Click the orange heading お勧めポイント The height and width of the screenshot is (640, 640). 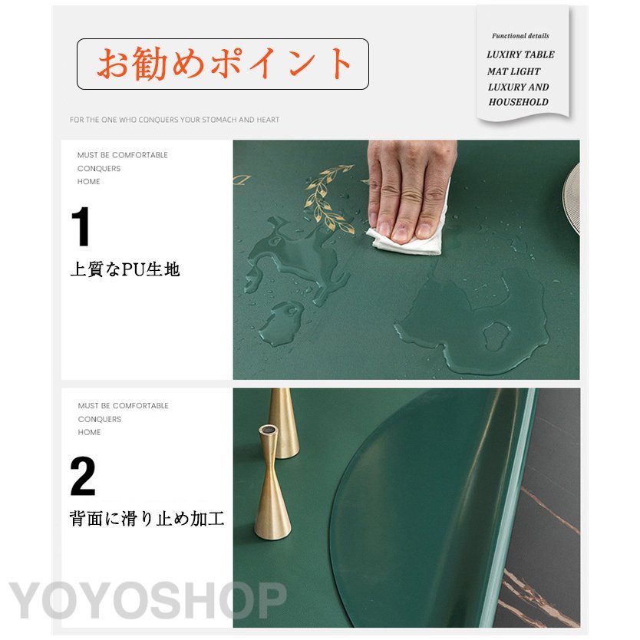[223, 63]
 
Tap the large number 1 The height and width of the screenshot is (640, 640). [81, 226]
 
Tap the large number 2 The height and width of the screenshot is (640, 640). [83, 476]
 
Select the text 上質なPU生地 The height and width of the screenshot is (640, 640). [125, 269]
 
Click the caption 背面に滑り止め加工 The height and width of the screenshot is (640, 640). [147, 520]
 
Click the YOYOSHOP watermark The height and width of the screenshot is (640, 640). [148, 600]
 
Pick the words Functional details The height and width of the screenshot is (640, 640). [520, 36]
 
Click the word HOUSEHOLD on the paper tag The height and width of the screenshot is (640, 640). [518, 102]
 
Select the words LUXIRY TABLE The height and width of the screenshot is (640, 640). [520, 54]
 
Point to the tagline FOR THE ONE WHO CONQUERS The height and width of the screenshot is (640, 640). [175, 120]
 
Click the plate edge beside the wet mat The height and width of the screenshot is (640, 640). [572, 199]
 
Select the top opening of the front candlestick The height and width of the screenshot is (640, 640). [267, 431]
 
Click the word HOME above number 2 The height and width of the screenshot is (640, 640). [89, 432]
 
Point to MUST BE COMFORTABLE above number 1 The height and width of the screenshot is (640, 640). [123, 155]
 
